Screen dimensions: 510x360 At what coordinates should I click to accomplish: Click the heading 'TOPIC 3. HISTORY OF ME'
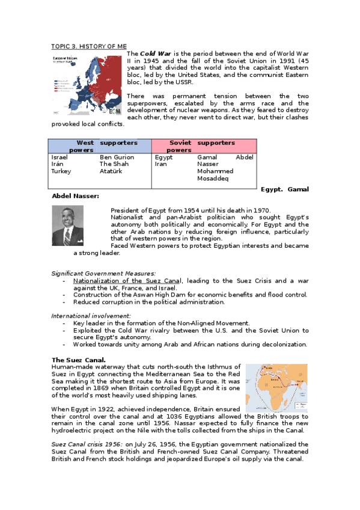pos(88,46)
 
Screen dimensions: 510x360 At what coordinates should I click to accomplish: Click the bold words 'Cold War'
pos(155,54)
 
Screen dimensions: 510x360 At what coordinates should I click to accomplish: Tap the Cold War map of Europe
pos(88,85)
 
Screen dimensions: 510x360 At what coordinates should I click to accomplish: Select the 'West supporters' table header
pos(99,146)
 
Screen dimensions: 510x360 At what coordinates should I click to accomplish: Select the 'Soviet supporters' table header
pos(204,146)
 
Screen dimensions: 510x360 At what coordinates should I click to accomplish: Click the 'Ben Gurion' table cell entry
pos(117,157)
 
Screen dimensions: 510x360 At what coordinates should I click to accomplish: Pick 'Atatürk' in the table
pos(111,171)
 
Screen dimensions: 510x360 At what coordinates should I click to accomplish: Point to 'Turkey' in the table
pos(61,171)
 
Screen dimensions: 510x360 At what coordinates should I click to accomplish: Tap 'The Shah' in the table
pos(114,164)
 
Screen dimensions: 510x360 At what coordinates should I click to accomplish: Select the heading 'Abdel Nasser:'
pos(76,196)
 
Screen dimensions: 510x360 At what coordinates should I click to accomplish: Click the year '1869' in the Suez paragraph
pos(106,389)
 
